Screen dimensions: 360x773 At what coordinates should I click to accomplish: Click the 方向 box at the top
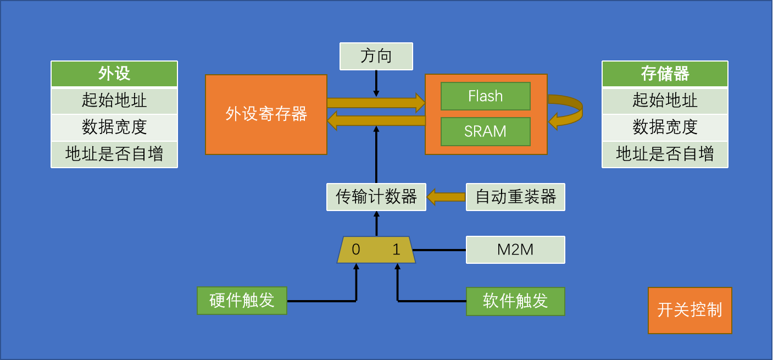[x=376, y=56]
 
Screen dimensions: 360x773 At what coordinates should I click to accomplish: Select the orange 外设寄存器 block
[x=266, y=114]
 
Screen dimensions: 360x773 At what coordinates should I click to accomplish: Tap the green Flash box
[x=485, y=96]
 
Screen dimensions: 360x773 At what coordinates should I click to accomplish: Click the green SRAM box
[x=485, y=131]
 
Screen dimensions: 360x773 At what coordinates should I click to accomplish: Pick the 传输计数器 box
[x=376, y=197]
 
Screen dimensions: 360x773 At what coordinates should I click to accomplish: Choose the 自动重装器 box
[x=515, y=197]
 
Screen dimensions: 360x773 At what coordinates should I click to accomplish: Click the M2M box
[x=515, y=250]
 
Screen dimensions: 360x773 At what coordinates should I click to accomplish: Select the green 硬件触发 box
[x=242, y=301]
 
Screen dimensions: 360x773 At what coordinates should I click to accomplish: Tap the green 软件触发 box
[x=515, y=301]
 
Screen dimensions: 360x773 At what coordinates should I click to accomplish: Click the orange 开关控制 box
[x=689, y=310]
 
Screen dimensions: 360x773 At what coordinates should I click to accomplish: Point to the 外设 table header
[x=114, y=74]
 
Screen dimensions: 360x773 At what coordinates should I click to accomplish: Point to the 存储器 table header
[x=665, y=74]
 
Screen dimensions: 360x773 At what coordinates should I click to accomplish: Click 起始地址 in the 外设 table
[x=114, y=101]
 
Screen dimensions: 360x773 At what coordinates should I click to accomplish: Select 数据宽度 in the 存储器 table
[x=665, y=128]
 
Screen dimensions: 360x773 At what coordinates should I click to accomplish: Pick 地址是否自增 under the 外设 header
[x=114, y=154]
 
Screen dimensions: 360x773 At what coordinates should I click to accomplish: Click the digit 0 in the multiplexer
[x=356, y=250]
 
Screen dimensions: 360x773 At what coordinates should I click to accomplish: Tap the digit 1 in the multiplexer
[x=397, y=250]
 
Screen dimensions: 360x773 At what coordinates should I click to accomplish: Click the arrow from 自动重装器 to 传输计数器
[x=446, y=197]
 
